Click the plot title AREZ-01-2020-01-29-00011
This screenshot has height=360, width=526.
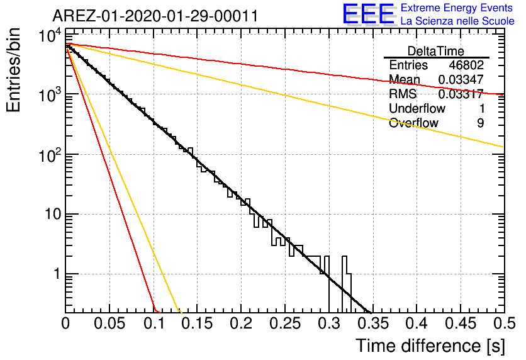point(155,16)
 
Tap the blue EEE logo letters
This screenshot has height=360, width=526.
point(368,13)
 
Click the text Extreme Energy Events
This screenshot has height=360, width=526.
point(457,8)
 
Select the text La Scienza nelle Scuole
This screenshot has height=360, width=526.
point(457,21)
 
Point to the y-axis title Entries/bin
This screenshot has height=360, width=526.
point(13,70)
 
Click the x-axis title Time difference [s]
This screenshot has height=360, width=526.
point(430,346)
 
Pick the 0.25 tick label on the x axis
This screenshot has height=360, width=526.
point(285,323)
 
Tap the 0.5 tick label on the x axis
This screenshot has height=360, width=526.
point(505,323)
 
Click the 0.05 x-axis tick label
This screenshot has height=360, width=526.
point(109,323)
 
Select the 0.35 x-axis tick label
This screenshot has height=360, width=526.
point(372,323)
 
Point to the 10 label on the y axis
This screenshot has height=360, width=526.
point(53,214)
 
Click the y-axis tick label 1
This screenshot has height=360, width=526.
point(57,274)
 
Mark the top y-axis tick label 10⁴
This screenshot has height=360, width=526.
point(50,35)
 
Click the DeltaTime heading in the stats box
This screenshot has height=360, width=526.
point(436,51)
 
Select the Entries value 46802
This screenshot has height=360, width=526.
point(466,65)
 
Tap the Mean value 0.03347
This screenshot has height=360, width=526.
point(461,79)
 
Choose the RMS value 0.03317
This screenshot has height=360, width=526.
point(461,94)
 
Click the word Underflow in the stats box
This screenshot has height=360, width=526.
point(417,108)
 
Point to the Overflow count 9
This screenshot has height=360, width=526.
point(481,123)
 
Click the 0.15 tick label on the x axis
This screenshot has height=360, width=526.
point(198,323)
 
